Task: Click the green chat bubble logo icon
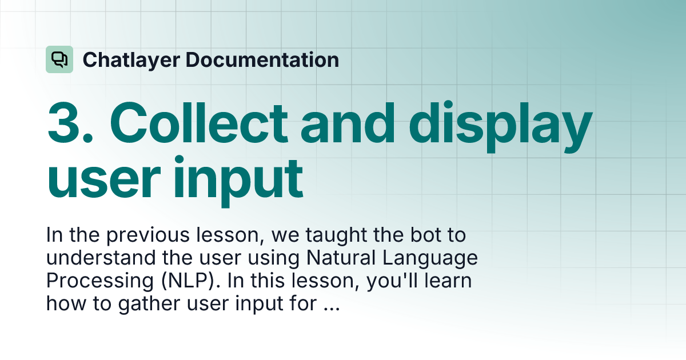pyautogui.click(x=59, y=59)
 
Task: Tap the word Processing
pyautogui.click(x=99, y=282)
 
